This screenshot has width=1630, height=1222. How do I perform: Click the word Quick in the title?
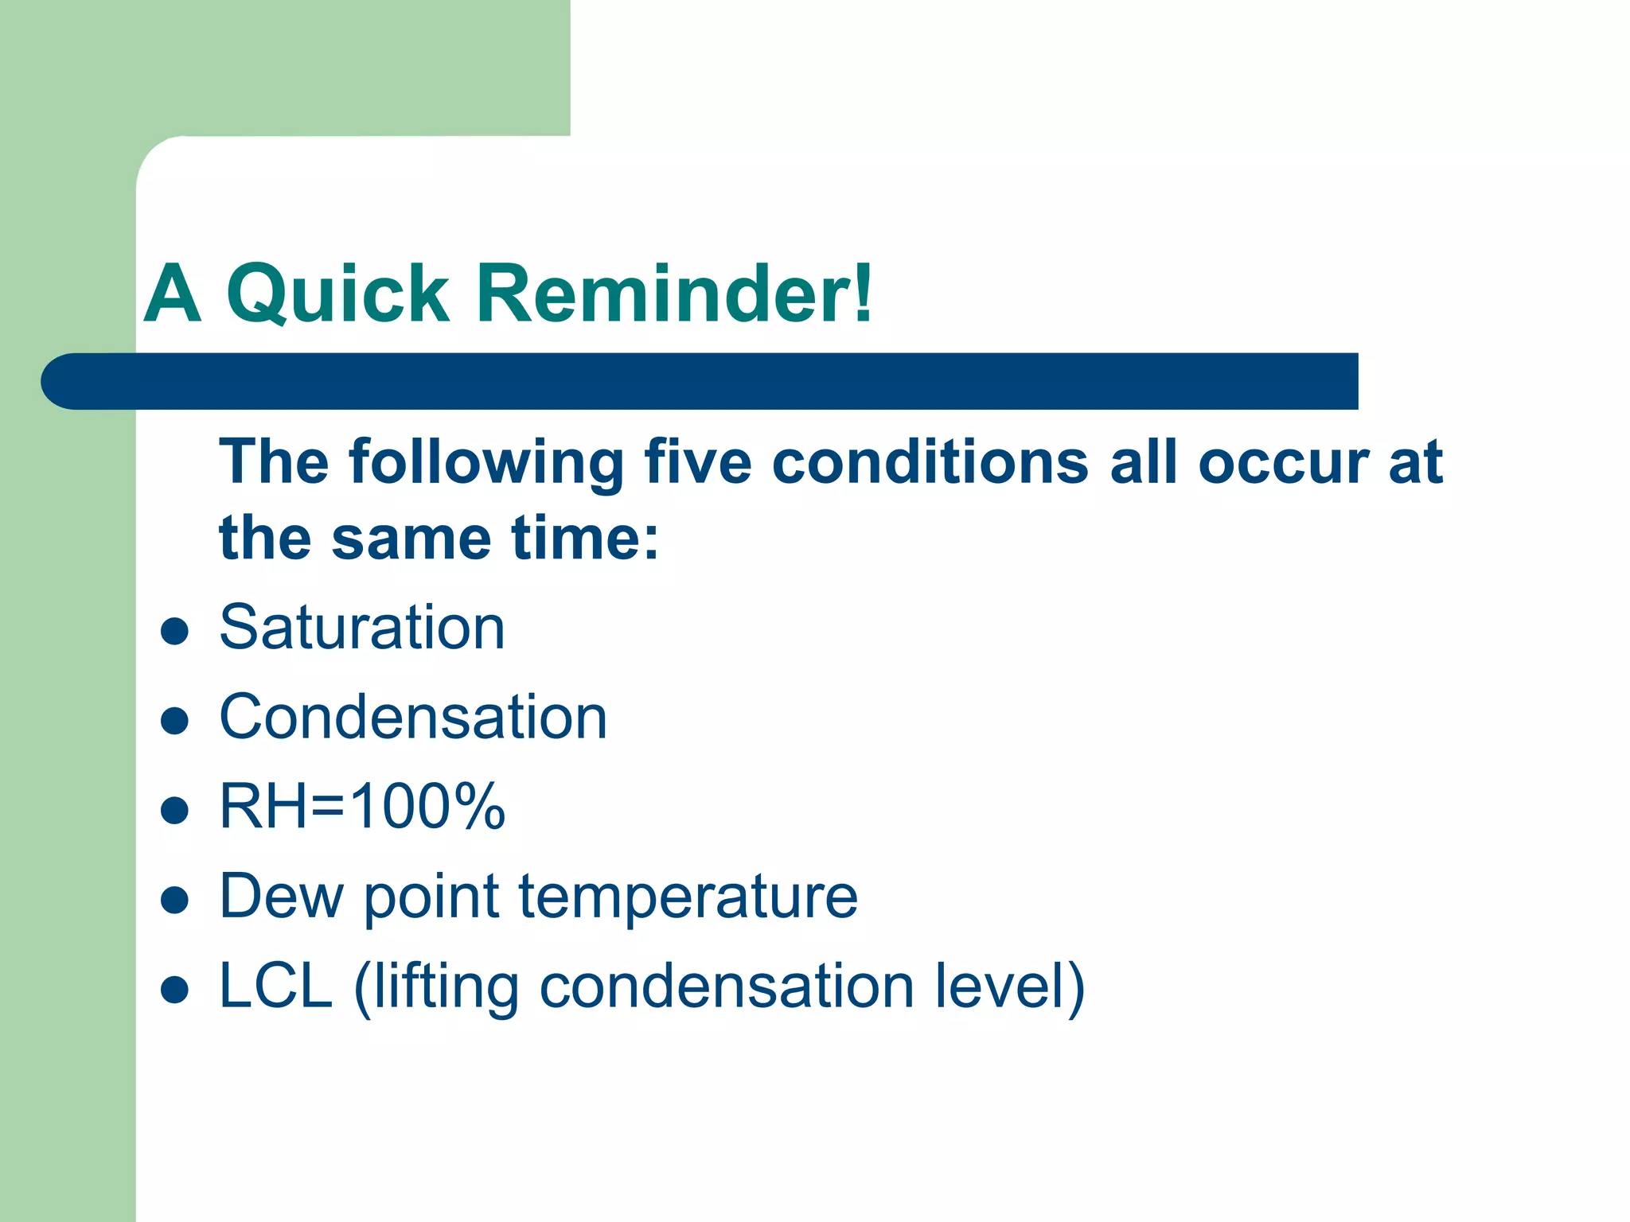[x=337, y=294]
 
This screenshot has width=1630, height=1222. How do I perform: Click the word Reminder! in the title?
[x=675, y=294]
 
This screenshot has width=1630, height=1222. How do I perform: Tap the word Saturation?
[x=362, y=628]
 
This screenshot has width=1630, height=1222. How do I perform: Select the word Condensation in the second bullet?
[x=413, y=718]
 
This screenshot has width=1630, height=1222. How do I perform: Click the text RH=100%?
[x=362, y=807]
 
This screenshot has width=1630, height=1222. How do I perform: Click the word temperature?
[x=688, y=897]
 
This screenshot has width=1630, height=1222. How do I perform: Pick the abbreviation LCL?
[x=275, y=986]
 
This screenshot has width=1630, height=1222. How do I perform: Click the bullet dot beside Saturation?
[x=174, y=632]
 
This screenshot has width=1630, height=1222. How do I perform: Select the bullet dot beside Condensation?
[x=174, y=722]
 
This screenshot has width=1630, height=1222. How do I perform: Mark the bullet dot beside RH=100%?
[x=174, y=811]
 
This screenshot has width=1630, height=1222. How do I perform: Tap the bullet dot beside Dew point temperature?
[x=174, y=901]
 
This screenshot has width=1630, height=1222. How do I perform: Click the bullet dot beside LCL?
[x=174, y=990]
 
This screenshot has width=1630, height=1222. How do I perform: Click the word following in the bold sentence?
[x=486, y=463]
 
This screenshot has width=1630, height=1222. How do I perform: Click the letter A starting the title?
[x=172, y=294]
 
